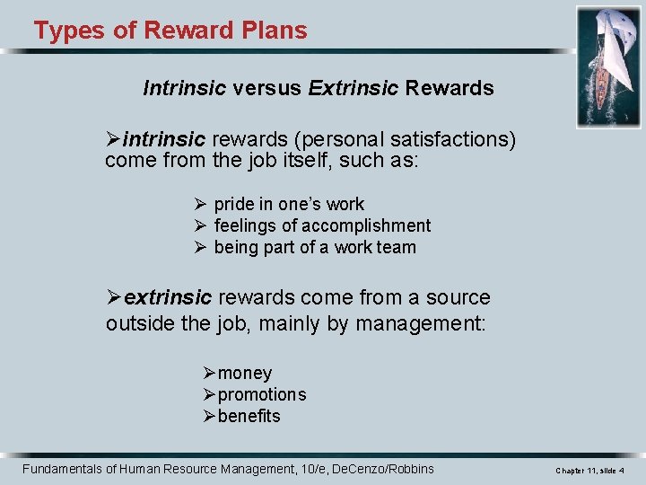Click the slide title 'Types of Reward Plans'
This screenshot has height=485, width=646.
[170, 31]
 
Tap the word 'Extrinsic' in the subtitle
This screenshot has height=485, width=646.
[354, 88]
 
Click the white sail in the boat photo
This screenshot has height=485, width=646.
[619, 45]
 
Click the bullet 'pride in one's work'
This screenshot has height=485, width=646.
[289, 204]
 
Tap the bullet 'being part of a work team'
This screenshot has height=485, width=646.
[315, 247]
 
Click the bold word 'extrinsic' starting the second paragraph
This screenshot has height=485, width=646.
[168, 297]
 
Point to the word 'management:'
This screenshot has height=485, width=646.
[420, 322]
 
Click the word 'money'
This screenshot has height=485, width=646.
[245, 373]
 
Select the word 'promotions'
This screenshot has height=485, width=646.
[262, 394]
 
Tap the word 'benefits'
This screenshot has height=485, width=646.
[249, 416]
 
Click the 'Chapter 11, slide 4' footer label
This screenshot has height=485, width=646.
[589, 471]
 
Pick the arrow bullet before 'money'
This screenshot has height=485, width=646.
[209, 373]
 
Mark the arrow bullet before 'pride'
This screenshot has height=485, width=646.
[201, 204]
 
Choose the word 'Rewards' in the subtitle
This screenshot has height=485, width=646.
[450, 88]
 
